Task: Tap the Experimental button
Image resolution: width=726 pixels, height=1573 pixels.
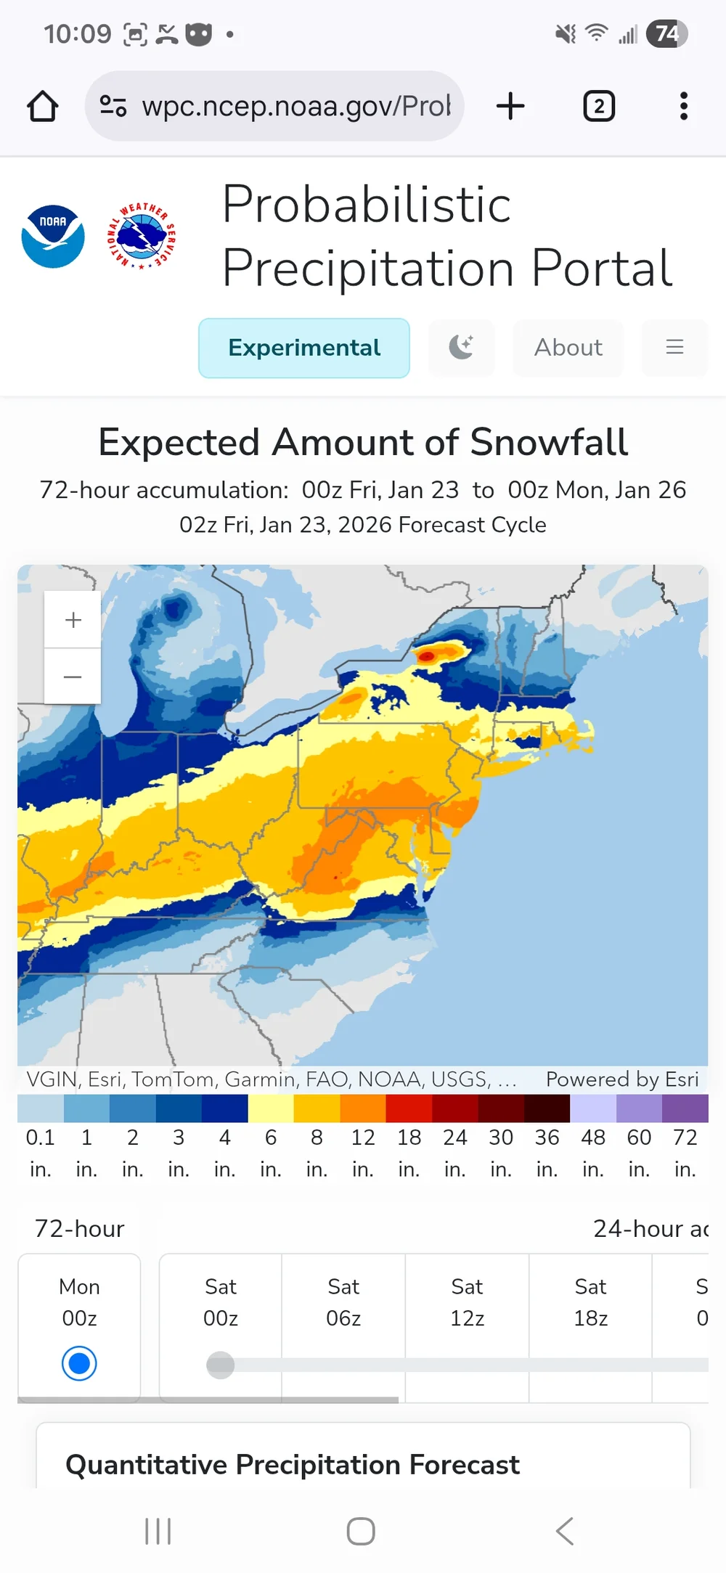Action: click(304, 348)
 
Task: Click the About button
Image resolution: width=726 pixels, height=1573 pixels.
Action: click(568, 348)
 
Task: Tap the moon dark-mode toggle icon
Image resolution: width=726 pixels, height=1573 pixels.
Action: click(461, 348)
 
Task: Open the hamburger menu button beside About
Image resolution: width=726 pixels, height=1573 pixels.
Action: click(674, 348)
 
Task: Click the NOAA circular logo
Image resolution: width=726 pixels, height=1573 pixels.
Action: click(53, 237)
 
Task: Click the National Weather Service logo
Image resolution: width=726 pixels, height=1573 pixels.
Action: click(142, 237)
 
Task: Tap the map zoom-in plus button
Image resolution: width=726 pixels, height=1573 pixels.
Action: click(73, 620)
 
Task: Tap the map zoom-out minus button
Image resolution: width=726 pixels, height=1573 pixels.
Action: click(73, 677)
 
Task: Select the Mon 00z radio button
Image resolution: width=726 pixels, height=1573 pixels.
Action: click(79, 1363)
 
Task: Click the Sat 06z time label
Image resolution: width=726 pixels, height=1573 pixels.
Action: click(343, 1302)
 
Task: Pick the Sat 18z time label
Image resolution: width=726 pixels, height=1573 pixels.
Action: click(590, 1302)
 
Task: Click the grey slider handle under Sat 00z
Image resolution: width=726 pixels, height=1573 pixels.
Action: click(220, 1365)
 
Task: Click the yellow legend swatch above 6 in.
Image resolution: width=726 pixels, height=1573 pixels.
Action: click(271, 1108)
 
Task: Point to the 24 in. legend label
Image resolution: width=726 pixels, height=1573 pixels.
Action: click(455, 1153)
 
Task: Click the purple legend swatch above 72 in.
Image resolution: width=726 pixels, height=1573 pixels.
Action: click(685, 1108)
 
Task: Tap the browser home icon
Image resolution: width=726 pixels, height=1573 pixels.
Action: click(43, 106)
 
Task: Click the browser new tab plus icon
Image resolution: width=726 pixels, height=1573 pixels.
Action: click(510, 106)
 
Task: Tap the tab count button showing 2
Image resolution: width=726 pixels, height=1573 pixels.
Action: click(599, 106)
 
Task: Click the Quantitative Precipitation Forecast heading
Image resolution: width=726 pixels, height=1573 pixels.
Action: click(293, 1465)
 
